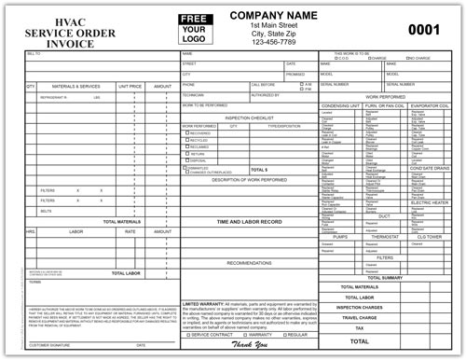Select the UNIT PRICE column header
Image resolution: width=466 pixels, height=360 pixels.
pyautogui.click(x=130, y=86)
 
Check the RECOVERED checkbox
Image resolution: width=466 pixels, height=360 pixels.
pyautogui.click(x=185, y=132)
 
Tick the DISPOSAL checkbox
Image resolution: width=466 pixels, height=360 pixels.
pyautogui.click(x=185, y=159)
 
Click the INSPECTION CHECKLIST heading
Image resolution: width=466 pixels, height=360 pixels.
pyautogui.click(x=249, y=117)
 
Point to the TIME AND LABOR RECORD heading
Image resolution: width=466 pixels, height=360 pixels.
pyautogui.click(x=249, y=222)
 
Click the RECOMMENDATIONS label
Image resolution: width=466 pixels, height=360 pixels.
pyautogui.click(x=249, y=263)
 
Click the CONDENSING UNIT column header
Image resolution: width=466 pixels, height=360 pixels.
pyautogui.click(x=340, y=105)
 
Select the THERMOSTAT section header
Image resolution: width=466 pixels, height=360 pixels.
pyautogui.click(x=386, y=237)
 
